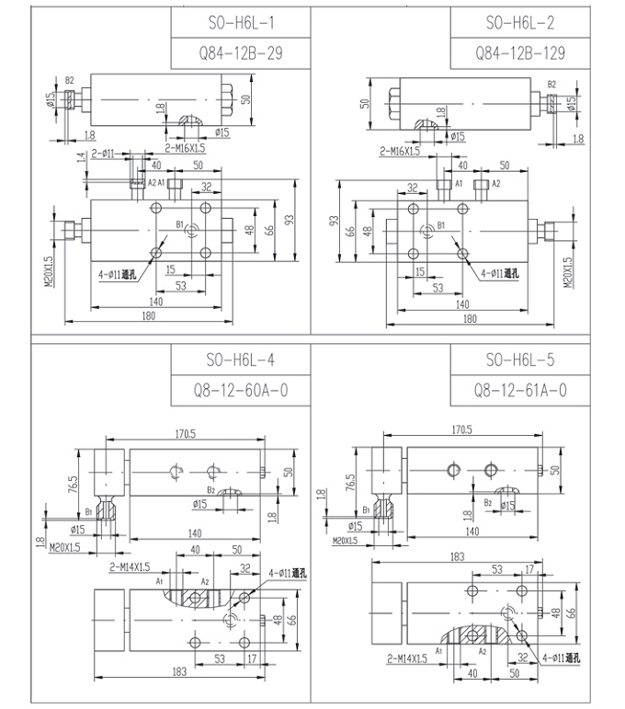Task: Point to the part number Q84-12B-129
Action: point(519,53)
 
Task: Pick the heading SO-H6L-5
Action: point(519,360)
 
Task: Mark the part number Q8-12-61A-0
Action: point(519,392)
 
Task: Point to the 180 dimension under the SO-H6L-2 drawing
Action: point(469,318)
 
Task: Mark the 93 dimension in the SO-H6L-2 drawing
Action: point(335,221)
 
